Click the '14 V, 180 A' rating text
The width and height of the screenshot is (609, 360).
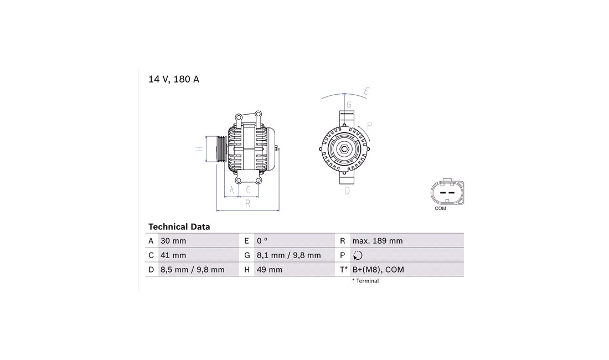[x=174, y=79]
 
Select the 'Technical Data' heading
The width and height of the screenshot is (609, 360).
[x=179, y=227]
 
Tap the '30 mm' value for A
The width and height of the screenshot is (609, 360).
[x=173, y=241]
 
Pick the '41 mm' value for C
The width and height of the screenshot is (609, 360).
[x=173, y=255]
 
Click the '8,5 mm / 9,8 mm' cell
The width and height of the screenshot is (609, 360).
[x=193, y=270]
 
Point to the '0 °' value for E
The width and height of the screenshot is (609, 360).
[x=262, y=241]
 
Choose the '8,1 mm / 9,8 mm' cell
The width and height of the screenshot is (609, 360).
[x=288, y=255]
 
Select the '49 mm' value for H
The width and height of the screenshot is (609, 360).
[x=270, y=270]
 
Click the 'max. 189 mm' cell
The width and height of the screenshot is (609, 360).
[x=378, y=241]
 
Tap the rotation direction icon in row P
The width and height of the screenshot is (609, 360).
[x=358, y=255]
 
